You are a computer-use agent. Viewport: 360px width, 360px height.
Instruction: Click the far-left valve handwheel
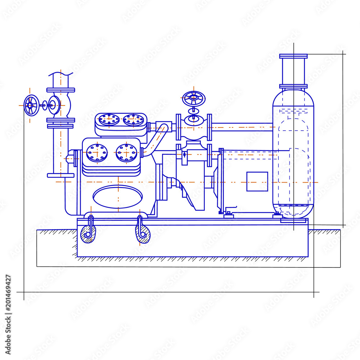[31, 105]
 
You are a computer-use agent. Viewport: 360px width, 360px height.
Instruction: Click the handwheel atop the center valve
[194, 98]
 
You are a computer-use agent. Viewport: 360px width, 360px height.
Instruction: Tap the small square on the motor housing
[257, 181]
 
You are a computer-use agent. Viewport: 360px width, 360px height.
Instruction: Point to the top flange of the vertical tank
[293, 56]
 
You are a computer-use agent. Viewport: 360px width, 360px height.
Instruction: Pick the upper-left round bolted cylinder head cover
[109, 120]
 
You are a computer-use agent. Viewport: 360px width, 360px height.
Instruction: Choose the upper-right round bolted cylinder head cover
[133, 120]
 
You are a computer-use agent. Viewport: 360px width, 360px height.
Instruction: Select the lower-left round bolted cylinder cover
[97, 152]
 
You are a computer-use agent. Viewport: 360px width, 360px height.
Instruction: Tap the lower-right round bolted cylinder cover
[127, 152]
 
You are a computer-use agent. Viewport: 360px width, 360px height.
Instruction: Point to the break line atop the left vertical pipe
[60, 75]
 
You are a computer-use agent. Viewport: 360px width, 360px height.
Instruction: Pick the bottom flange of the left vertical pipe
[60, 175]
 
